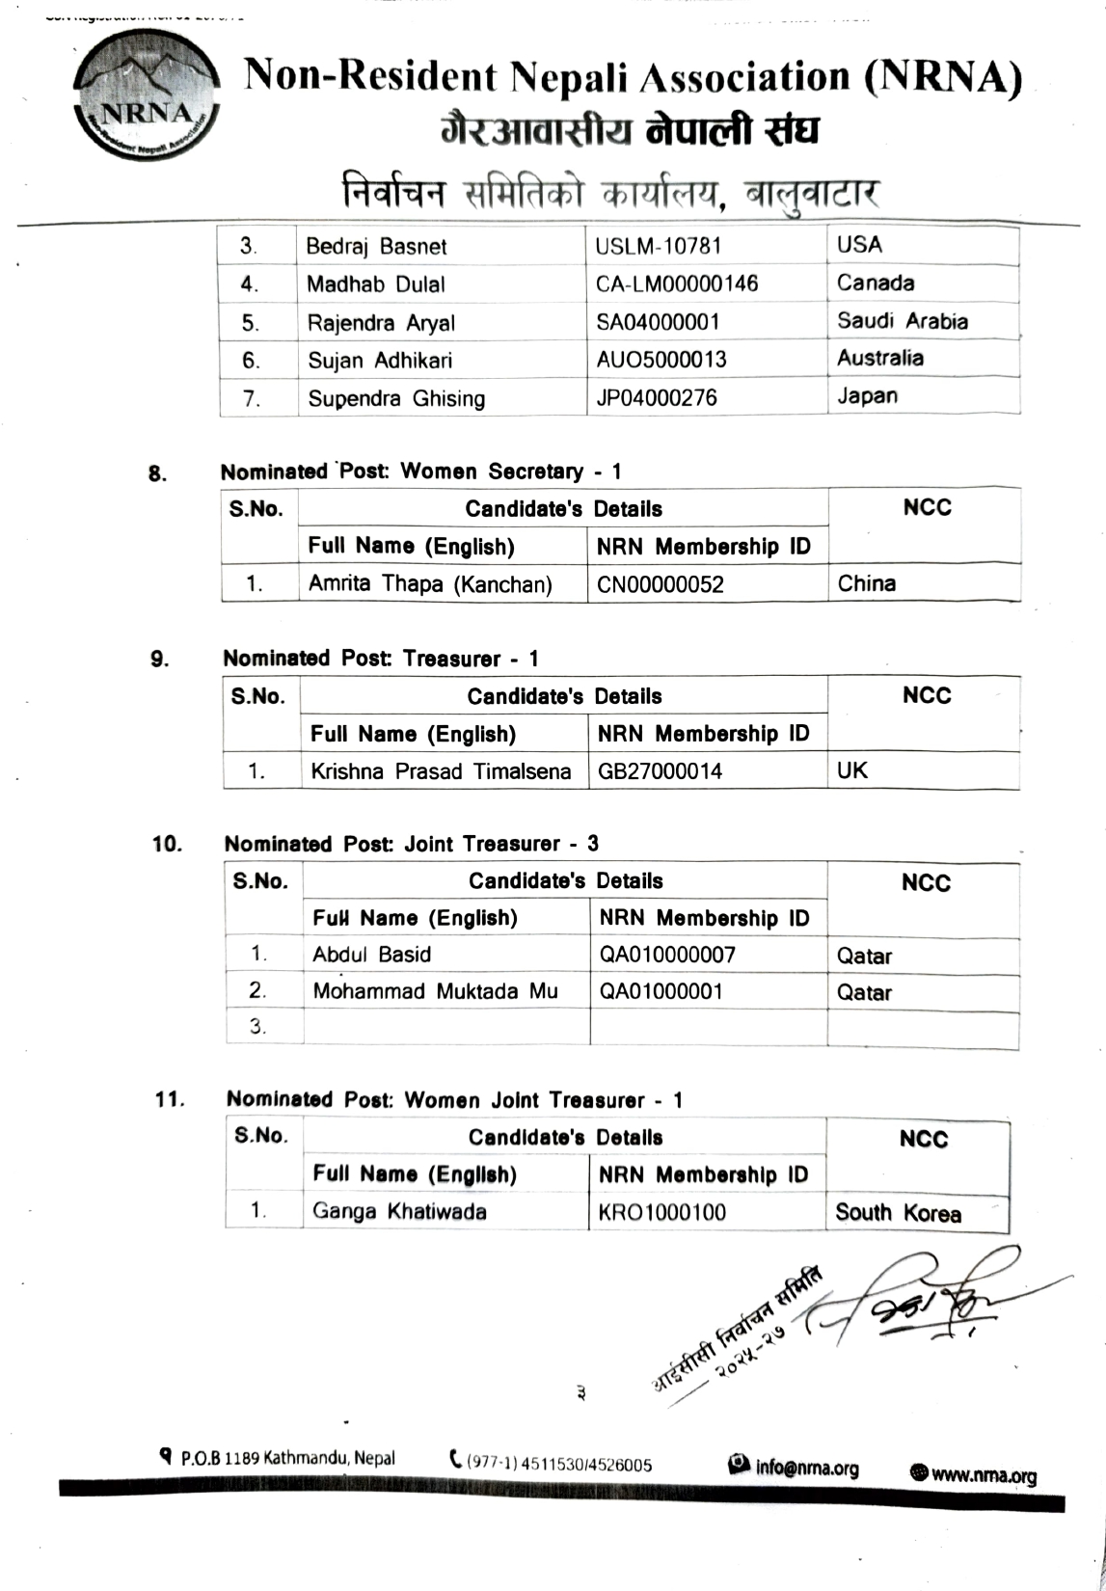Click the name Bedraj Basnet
[376, 247]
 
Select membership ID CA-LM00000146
[676, 283]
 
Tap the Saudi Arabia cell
[902, 321]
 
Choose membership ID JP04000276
[656, 397]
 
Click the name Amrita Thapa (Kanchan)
[430, 584]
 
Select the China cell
[866, 583]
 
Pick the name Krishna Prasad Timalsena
[440, 771]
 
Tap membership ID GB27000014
[660, 771]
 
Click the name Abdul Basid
[371, 955]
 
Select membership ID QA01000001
[661, 991]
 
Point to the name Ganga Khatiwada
[399, 1212]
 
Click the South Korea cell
[898, 1213]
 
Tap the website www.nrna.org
[974, 1475]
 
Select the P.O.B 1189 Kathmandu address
[278, 1458]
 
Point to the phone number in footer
[552, 1464]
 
